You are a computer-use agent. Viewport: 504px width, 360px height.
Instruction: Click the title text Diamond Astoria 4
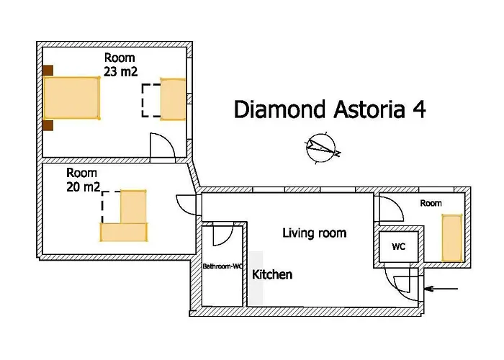click(x=329, y=109)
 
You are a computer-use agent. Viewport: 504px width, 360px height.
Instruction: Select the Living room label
click(x=314, y=233)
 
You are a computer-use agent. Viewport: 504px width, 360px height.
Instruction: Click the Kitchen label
click(x=272, y=274)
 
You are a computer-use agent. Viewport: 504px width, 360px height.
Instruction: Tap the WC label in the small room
click(x=398, y=246)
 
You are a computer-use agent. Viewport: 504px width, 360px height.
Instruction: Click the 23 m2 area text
click(x=121, y=71)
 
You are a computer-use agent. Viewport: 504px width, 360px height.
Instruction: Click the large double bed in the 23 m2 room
click(x=72, y=99)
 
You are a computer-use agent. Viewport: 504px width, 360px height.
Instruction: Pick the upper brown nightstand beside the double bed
click(x=48, y=70)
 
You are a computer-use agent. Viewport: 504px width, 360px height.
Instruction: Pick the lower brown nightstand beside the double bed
click(x=48, y=126)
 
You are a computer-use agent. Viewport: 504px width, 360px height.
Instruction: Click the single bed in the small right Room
click(x=452, y=238)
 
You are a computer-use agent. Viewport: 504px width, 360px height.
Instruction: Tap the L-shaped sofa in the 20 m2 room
click(x=126, y=220)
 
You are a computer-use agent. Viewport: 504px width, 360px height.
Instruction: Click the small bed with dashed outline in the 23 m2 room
click(x=173, y=99)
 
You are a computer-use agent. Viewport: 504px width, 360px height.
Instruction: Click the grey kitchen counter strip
click(x=256, y=277)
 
